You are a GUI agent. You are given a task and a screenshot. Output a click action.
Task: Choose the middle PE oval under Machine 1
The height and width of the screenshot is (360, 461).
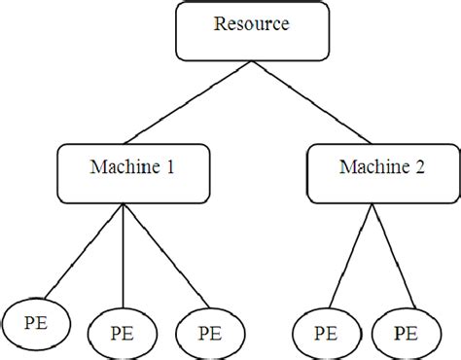click(x=122, y=333)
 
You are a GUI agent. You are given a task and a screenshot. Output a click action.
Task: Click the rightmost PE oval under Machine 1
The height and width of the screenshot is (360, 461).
click(x=209, y=331)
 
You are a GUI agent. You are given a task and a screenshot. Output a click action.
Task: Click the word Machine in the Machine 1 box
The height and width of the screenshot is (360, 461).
click(x=115, y=168)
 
